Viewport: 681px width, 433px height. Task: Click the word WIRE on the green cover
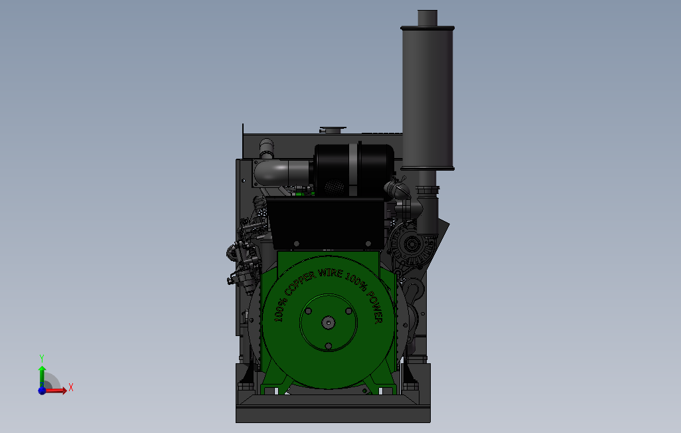click(x=331, y=273)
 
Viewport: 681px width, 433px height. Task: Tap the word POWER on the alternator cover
click(x=375, y=307)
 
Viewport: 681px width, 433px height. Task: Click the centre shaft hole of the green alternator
click(x=329, y=323)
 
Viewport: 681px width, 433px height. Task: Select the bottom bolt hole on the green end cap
click(x=329, y=346)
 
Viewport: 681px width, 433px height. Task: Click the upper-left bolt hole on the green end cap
click(x=309, y=311)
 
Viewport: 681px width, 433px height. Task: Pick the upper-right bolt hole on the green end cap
click(x=348, y=311)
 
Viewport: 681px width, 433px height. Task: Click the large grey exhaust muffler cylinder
click(x=427, y=98)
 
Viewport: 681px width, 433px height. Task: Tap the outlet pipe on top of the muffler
click(x=427, y=18)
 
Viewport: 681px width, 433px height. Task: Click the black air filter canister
click(x=354, y=169)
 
